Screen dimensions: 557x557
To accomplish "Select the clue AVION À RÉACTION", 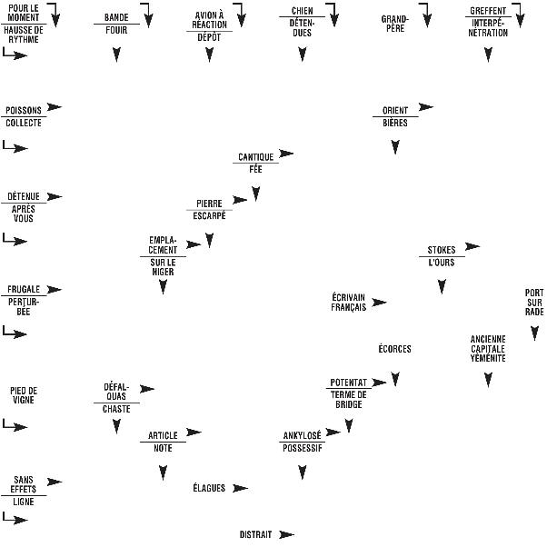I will [x=210, y=19].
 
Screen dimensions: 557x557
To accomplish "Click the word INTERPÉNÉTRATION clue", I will [x=489, y=28].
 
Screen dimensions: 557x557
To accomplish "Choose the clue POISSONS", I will [x=24, y=110].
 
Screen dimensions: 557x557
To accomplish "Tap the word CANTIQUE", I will [x=255, y=157].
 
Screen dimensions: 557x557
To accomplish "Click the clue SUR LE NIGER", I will [x=163, y=267].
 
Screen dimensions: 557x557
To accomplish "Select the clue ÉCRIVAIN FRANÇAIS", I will [x=349, y=302].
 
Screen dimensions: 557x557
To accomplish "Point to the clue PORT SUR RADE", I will [x=534, y=302].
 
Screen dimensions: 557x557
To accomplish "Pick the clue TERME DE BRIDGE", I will [x=349, y=400].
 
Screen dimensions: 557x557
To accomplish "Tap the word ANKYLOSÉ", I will [x=302, y=436].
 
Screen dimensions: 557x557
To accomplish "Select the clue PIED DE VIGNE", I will [x=24, y=394].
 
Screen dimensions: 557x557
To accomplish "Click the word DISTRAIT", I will [x=255, y=535].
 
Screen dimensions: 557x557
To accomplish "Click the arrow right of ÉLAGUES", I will [x=240, y=489].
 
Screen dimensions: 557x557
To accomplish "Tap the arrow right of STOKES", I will [x=472, y=246].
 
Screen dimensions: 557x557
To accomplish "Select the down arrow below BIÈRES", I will [x=395, y=147].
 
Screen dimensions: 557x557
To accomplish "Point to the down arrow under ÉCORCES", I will [x=395, y=378].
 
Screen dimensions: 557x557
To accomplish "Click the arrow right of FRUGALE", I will [x=55, y=290].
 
